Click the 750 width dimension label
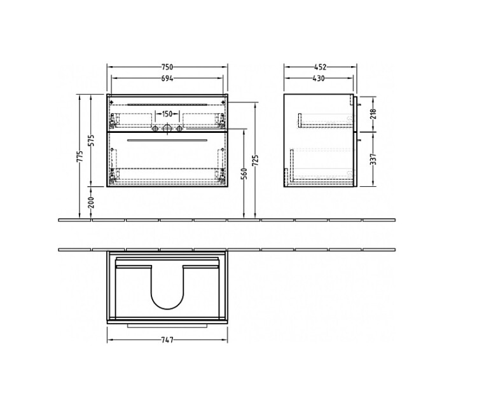[x=167, y=67]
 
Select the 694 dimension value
[x=167, y=78]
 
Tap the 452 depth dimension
[x=321, y=67]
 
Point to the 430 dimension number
[x=319, y=78]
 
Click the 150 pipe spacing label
[x=167, y=114]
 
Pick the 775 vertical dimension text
[x=80, y=156]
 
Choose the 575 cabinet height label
[x=92, y=140]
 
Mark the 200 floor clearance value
[x=92, y=203]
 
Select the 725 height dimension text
[x=256, y=161]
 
